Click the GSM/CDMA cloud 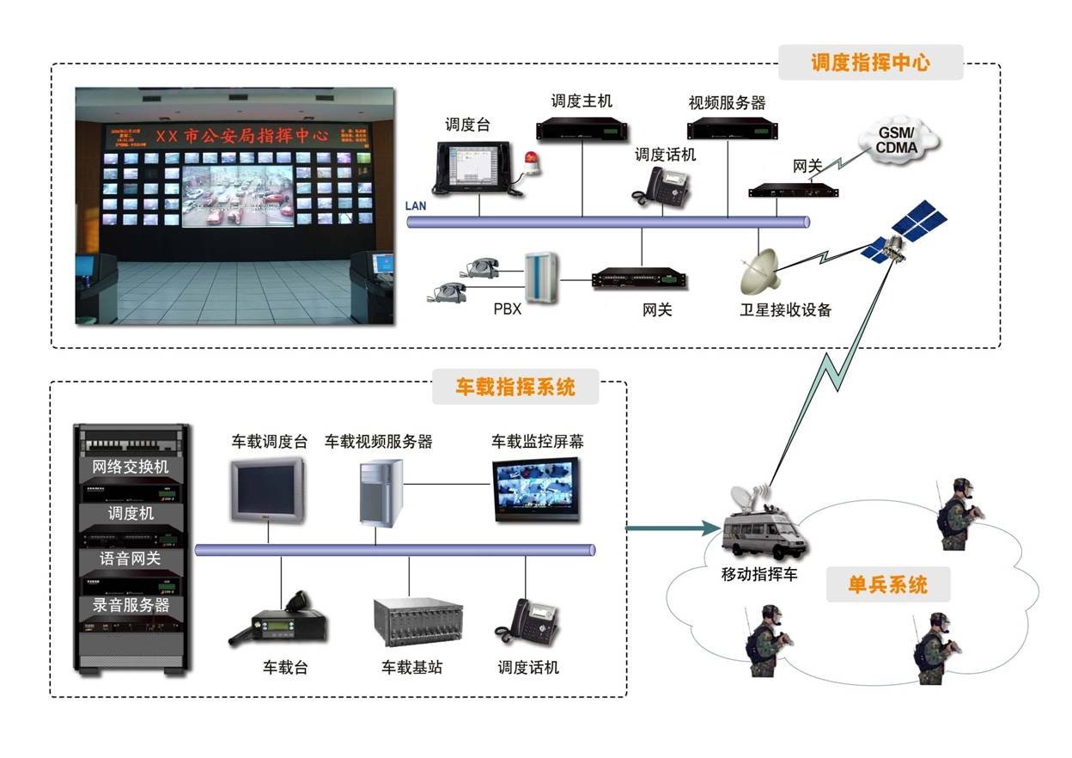897,142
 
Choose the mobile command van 760,528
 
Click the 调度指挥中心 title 870,63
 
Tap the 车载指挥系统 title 515,387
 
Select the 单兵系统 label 887,585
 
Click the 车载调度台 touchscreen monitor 267,491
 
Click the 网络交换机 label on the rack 131,467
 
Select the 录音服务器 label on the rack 131,605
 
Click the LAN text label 416,206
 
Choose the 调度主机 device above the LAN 581,127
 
